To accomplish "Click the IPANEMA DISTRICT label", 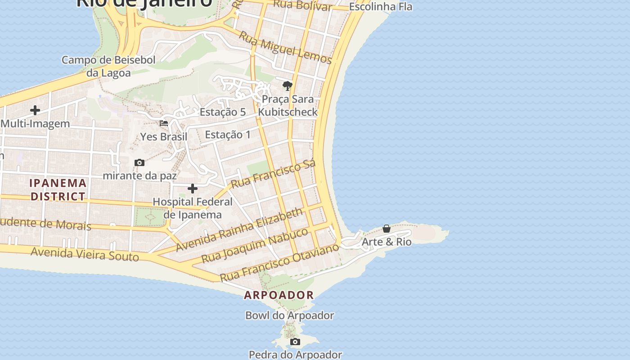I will [58, 189].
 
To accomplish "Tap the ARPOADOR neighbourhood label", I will [279, 295].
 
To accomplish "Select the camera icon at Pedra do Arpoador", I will [295, 342].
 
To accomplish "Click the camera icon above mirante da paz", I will [139, 162].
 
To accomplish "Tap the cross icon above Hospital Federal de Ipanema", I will [193, 189].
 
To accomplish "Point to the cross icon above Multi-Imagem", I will [35, 110].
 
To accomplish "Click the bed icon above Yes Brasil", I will [164, 123].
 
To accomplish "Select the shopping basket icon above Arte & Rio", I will [386, 229].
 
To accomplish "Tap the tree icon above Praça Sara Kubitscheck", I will [287, 85].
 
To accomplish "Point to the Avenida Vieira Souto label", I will [85, 254].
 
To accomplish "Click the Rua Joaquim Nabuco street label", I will [255, 246].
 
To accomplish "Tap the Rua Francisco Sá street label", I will [273, 174].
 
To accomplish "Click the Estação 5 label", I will [223, 112].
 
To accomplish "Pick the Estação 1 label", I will [228, 135].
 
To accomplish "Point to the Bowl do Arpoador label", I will [289, 315].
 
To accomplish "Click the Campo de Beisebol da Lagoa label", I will [108, 66].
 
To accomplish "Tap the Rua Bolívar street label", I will [302, 5].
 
